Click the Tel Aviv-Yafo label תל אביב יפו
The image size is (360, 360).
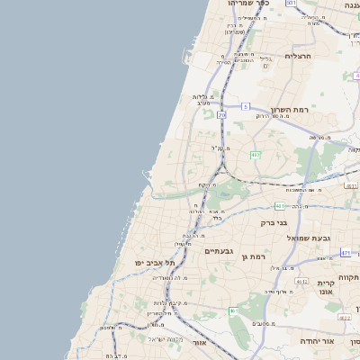click(x=139, y=262)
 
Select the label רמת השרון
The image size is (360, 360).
click(x=289, y=109)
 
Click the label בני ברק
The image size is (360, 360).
click(x=274, y=222)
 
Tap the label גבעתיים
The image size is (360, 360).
click(x=219, y=251)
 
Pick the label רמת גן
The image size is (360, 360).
click(x=256, y=258)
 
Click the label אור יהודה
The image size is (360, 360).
click(x=338, y=342)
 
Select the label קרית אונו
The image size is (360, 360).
click(x=326, y=288)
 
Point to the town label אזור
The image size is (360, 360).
click(x=200, y=344)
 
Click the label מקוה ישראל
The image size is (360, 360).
click(x=163, y=338)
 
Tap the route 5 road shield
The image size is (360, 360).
click(x=245, y=106)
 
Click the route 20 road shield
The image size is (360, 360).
click(x=221, y=115)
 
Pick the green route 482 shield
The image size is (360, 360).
click(x=256, y=155)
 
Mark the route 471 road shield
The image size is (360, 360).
click(x=346, y=253)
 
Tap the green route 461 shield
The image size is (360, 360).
click(x=233, y=311)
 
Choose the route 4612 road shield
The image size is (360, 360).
click(x=345, y=317)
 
